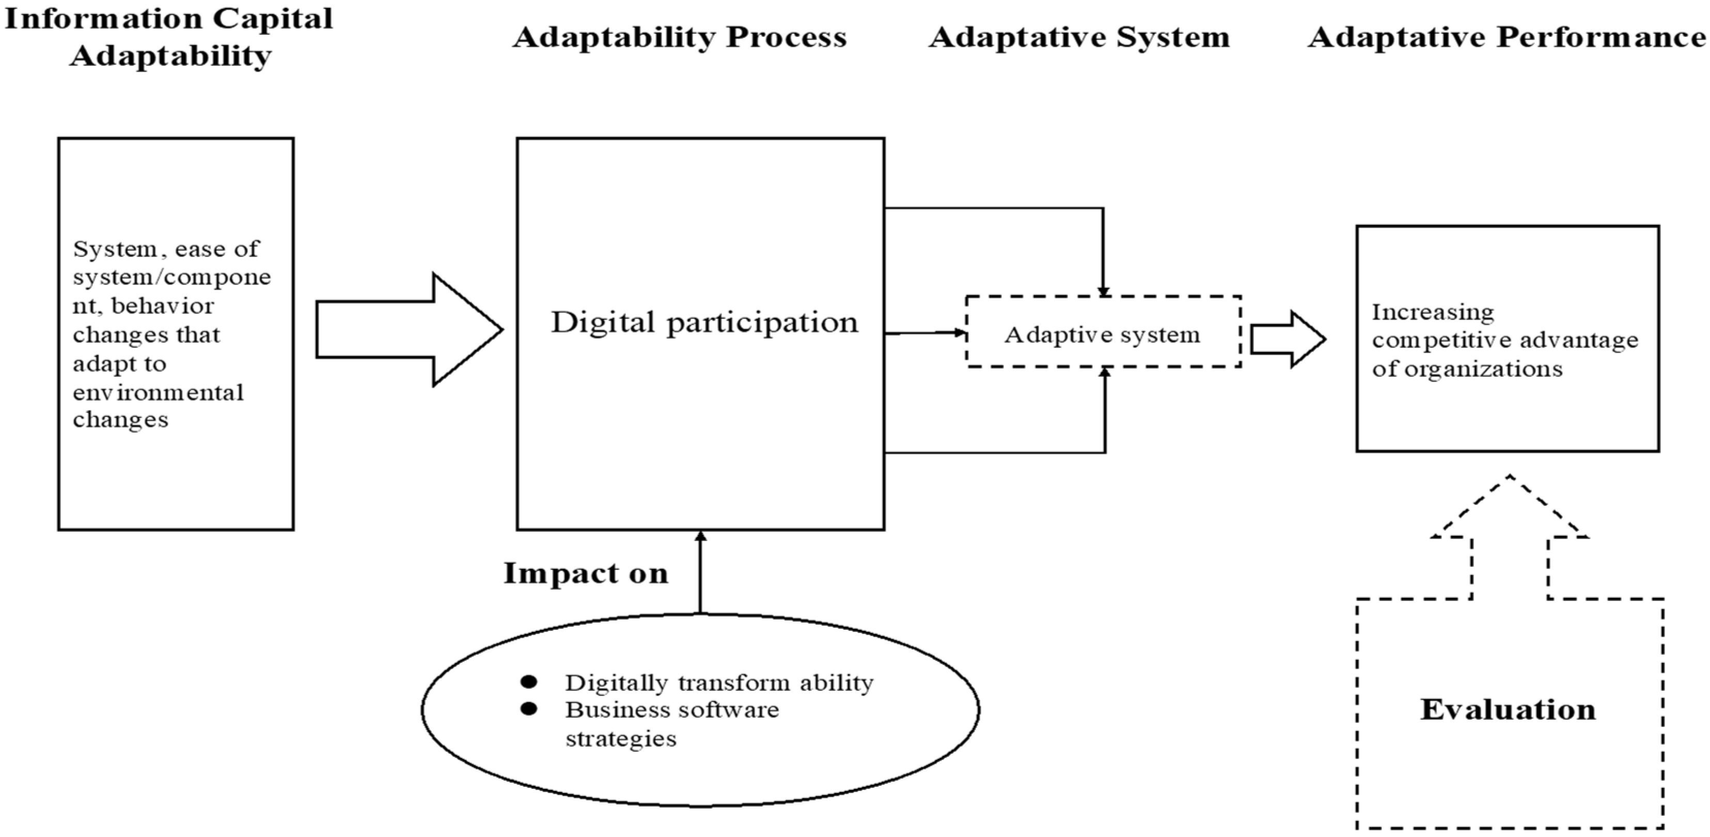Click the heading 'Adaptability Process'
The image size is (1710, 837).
tap(679, 37)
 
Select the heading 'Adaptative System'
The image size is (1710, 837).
tap(1079, 37)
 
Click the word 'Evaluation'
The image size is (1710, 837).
tap(1508, 709)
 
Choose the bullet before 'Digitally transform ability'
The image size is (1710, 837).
tap(529, 682)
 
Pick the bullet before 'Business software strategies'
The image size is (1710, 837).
tap(529, 709)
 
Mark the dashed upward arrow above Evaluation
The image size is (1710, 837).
tap(1510, 531)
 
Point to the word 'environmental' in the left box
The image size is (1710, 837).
tap(158, 393)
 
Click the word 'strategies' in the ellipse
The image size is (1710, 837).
tap(621, 739)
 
